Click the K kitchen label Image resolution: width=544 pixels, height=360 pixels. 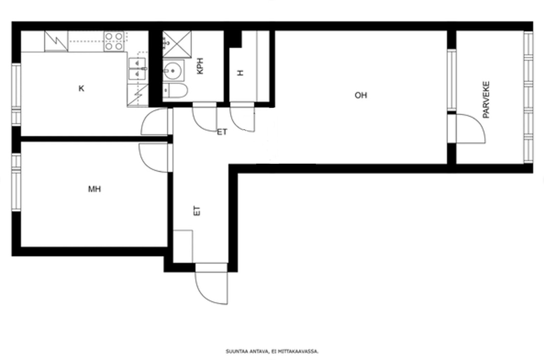tap(81, 88)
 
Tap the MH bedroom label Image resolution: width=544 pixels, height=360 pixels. tap(94, 189)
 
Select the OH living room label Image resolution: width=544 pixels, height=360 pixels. tap(361, 95)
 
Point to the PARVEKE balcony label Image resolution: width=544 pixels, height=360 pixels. tap(486, 100)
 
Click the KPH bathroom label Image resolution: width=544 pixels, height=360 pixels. tap(200, 65)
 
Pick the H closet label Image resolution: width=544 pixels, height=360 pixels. tap(240, 73)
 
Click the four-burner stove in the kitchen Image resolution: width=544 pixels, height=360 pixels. tap(114, 41)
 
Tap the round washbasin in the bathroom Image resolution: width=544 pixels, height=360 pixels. tap(172, 71)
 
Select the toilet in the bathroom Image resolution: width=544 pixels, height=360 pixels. tap(175, 91)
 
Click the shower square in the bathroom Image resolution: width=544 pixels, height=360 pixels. tap(177, 44)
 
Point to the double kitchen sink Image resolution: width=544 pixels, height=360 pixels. tap(138, 69)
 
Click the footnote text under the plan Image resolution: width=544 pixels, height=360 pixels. tap(272, 351)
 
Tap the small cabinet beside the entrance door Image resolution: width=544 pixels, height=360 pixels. tap(183, 246)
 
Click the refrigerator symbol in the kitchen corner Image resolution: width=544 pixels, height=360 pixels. tap(56, 41)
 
